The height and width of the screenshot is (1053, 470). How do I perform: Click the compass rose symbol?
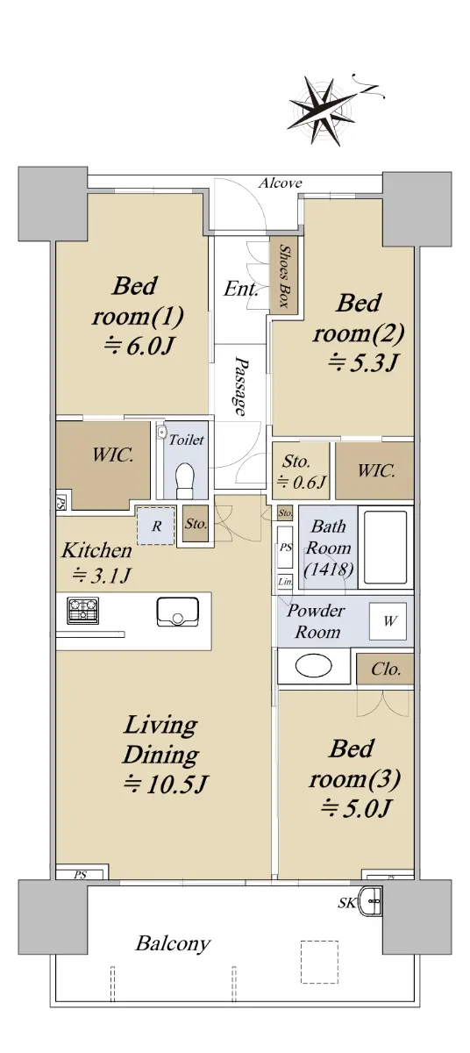(324, 111)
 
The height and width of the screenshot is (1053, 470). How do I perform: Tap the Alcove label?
(280, 183)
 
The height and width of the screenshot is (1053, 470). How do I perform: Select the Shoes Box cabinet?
(283, 275)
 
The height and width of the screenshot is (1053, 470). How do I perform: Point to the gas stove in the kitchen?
(82, 610)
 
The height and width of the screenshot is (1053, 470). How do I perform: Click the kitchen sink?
(176, 612)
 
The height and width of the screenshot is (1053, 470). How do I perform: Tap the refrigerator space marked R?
(156, 526)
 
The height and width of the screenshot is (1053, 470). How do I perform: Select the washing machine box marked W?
(388, 621)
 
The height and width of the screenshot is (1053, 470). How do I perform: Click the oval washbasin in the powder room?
(313, 665)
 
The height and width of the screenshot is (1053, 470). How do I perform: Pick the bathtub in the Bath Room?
(385, 548)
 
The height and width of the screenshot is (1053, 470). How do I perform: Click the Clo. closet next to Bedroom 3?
(385, 669)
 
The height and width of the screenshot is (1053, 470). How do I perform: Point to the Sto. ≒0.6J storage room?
(301, 470)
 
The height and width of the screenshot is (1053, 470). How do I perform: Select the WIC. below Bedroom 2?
(374, 470)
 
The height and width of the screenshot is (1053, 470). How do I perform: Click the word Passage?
(240, 386)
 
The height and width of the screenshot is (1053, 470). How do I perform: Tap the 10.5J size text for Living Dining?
(166, 784)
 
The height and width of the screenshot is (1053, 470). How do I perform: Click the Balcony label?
(173, 943)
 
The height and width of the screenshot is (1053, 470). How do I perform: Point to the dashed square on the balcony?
(319, 962)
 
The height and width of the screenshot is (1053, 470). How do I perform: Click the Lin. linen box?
(285, 582)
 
